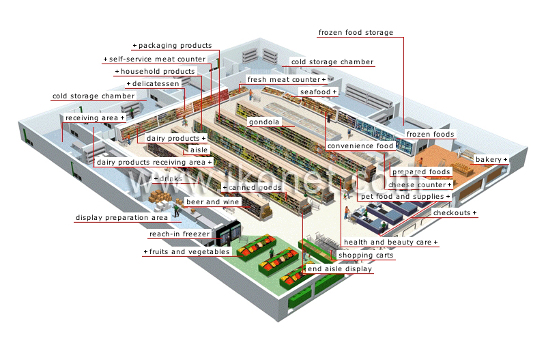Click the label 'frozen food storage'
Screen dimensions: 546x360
[x=356, y=32]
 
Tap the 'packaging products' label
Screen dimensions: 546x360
[x=175, y=45]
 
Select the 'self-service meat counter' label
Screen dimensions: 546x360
[x=157, y=59]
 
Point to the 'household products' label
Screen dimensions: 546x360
[x=158, y=72]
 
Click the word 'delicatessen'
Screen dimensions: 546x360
[x=156, y=83]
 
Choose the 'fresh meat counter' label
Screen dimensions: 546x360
[x=284, y=79]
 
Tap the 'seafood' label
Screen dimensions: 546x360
[x=315, y=92]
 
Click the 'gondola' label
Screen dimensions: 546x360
[x=264, y=122]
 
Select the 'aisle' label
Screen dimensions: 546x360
[x=199, y=150]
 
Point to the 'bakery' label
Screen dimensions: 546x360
[x=489, y=160]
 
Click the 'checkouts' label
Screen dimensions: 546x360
[x=452, y=212]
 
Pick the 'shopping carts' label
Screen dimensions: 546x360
[x=366, y=255]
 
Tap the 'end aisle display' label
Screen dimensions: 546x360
[x=340, y=268]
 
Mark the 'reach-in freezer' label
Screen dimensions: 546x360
[x=179, y=234]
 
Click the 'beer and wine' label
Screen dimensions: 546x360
[x=212, y=202]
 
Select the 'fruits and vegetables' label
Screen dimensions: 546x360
[x=190, y=251]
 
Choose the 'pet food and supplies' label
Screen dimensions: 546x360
[x=402, y=197]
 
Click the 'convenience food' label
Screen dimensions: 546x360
[x=360, y=146]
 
